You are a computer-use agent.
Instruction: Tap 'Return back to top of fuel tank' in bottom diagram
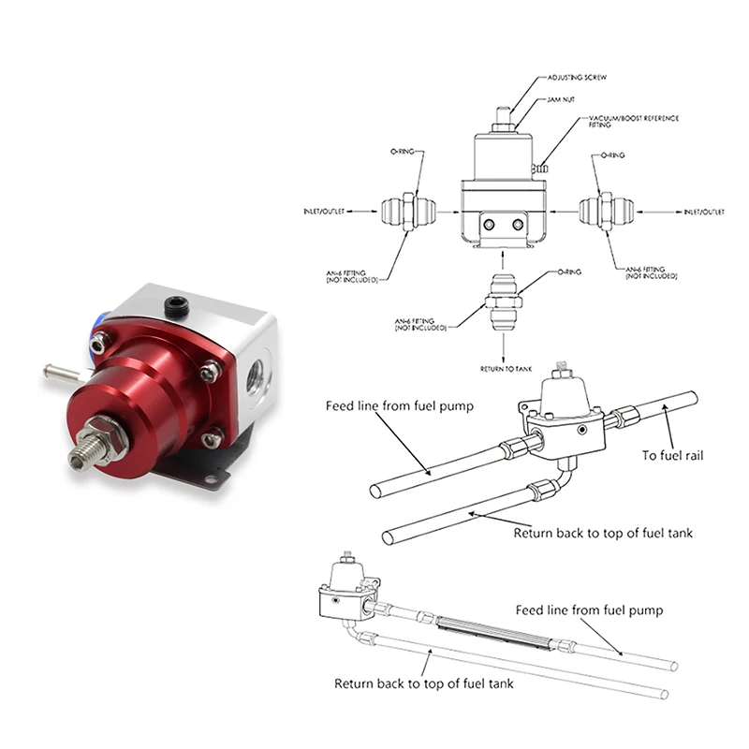coord(424,683)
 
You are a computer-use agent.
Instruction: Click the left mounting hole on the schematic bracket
coord(488,225)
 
